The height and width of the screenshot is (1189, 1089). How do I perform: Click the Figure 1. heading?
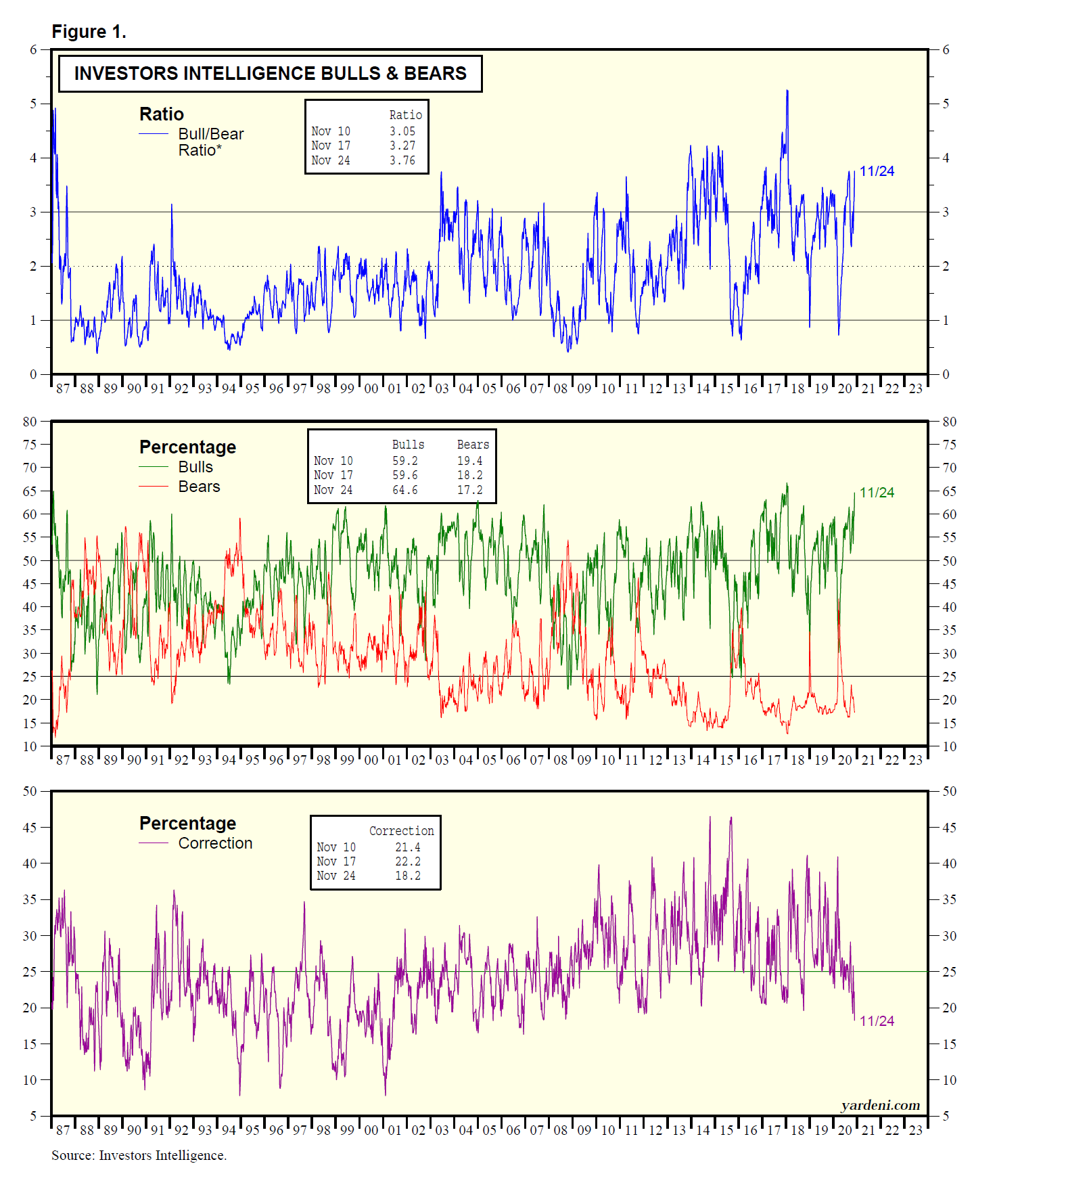point(89,32)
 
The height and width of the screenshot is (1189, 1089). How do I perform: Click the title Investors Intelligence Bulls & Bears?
point(270,73)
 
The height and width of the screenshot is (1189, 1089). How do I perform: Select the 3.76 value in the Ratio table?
point(402,160)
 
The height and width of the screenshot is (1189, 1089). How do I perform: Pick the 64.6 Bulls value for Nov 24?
point(405,490)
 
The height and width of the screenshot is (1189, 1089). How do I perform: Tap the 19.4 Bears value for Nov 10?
point(470,461)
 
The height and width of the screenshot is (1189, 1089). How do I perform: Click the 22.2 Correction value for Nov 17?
point(408,861)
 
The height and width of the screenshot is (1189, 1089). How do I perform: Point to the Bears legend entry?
point(199,487)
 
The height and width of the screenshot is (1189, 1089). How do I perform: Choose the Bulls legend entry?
point(195,467)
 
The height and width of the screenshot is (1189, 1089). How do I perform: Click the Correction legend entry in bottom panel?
point(215,843)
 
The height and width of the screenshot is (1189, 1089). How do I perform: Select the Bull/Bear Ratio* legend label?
point(210,142)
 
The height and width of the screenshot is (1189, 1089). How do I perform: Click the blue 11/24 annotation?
point(877,171)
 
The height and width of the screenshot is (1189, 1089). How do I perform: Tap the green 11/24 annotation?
point(877,493)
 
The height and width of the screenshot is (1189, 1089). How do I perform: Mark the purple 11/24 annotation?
point(877,1021)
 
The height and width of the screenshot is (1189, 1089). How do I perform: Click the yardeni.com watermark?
point(880,1105)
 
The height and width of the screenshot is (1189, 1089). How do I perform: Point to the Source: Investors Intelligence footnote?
point(139,1155)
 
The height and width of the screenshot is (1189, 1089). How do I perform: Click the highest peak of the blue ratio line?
point(787,91)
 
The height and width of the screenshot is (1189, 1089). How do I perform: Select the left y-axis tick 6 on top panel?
point(33,49)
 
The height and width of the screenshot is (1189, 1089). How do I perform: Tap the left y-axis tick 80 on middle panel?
point(30,422)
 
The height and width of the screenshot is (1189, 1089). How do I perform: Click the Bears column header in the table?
point(473,445)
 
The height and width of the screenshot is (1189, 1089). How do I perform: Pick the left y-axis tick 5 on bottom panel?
point(33,1115)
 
